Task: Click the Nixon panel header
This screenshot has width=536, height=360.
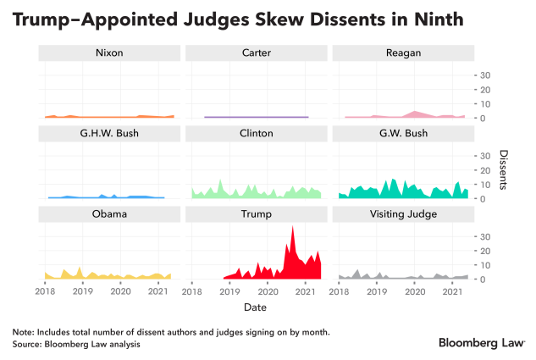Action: pyautogui.click(x=108, y=53)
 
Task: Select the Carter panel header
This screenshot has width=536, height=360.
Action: pyautogui.click(x=256, y=53)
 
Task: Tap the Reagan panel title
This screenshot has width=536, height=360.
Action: pyautogui.click(x=403, y=53)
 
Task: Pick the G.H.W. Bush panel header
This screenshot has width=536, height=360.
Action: pyautogui.click(x=108, y=134)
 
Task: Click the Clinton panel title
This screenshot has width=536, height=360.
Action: pyautogui.click(x=256, y=134)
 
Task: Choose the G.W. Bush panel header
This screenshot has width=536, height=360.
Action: pyautogui.click(x=403, y=134)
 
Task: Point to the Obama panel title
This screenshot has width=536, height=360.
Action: pyautogui.click(x=108, y=213)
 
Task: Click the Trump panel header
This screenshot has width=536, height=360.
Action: pyautogui.click(x=256, y=213)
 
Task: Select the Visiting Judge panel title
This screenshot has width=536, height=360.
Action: pyautogui.click(x=403, y=213)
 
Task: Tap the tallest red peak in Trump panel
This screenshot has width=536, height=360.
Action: pyautogui.click(x=293, y=227)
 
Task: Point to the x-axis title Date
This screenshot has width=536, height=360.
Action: pyautogui.click(x=256, y=306)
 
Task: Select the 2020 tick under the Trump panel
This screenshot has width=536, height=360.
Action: pyautogui.click(x=267, y=291)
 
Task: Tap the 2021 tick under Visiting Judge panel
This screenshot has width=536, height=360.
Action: pyautogui.click(x=452, y=291)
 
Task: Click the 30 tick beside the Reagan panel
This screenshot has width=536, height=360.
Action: pyautogui.click(x=485, y=75)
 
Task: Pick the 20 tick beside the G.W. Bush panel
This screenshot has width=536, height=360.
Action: pyautogui.click(x=485, y=169)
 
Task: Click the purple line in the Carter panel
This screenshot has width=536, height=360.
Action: pyautogui.click(x=256, y=117)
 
